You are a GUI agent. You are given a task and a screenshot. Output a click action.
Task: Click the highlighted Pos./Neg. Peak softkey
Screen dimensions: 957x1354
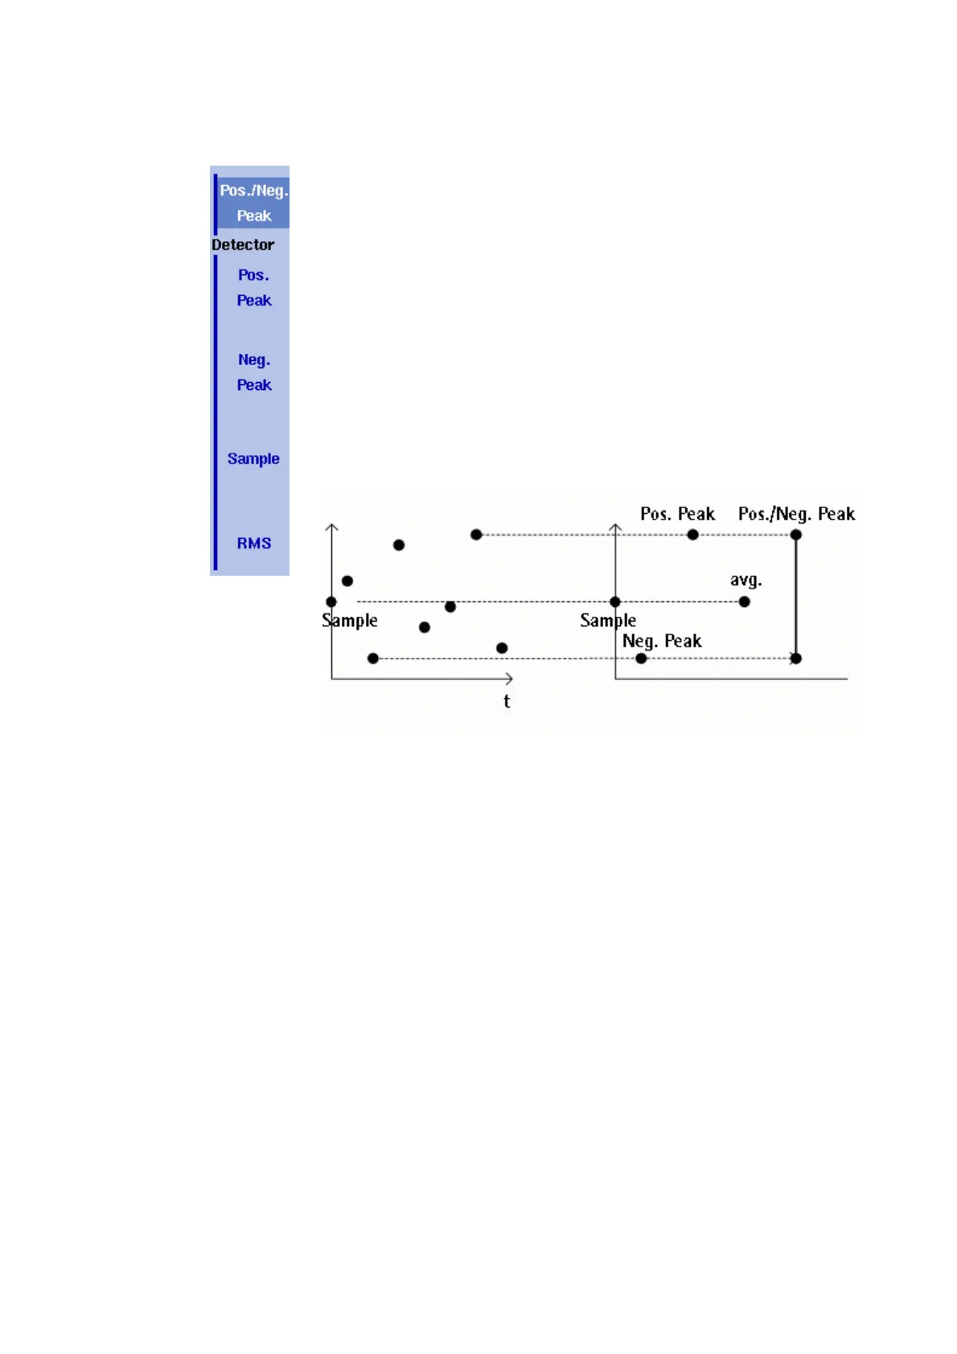pos(253,203)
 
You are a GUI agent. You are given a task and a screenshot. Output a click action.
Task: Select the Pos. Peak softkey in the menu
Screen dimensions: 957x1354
pos(253,287)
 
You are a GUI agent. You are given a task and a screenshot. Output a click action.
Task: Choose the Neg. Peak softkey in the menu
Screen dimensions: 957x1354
pos(253,372)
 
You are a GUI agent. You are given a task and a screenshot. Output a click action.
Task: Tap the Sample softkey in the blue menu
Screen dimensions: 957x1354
pos(253,458)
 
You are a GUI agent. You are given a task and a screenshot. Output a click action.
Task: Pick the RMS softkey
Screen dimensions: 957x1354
pos(253,544)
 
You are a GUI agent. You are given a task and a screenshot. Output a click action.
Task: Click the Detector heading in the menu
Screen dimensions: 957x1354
pos(243,244)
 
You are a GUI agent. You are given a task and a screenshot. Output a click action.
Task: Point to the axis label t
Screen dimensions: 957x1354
pos(507,701)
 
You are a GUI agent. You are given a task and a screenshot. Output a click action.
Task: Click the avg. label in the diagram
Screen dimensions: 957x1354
pos(745,580)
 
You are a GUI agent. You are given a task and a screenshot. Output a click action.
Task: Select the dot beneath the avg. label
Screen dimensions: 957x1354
pos(745,601)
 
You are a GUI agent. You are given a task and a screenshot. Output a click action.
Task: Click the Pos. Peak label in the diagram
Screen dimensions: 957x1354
pos(677,514)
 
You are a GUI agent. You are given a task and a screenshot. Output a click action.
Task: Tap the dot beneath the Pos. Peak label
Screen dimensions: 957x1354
pos(692,535)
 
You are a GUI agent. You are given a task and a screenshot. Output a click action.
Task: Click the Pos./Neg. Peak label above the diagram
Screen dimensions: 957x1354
pos(796,514)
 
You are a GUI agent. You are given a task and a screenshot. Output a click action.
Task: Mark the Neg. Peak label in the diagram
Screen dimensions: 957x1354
pos(662,641)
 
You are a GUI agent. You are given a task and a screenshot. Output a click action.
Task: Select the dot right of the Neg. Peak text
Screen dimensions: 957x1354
pos(641,659)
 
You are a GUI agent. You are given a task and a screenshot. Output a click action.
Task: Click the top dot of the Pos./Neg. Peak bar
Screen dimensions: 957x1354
pos(795,535)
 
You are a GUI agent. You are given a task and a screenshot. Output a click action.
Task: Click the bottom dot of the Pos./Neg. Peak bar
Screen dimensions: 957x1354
pos(795,659)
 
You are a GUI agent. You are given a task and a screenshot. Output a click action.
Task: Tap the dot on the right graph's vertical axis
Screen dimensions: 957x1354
pos(615,601)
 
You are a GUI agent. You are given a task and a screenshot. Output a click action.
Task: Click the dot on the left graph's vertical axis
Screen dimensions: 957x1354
pos(331,601)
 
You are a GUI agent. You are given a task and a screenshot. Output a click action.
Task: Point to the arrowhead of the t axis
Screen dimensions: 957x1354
pos(510,679)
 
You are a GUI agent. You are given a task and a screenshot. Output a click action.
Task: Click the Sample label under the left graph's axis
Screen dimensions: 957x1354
pos(350,620)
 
